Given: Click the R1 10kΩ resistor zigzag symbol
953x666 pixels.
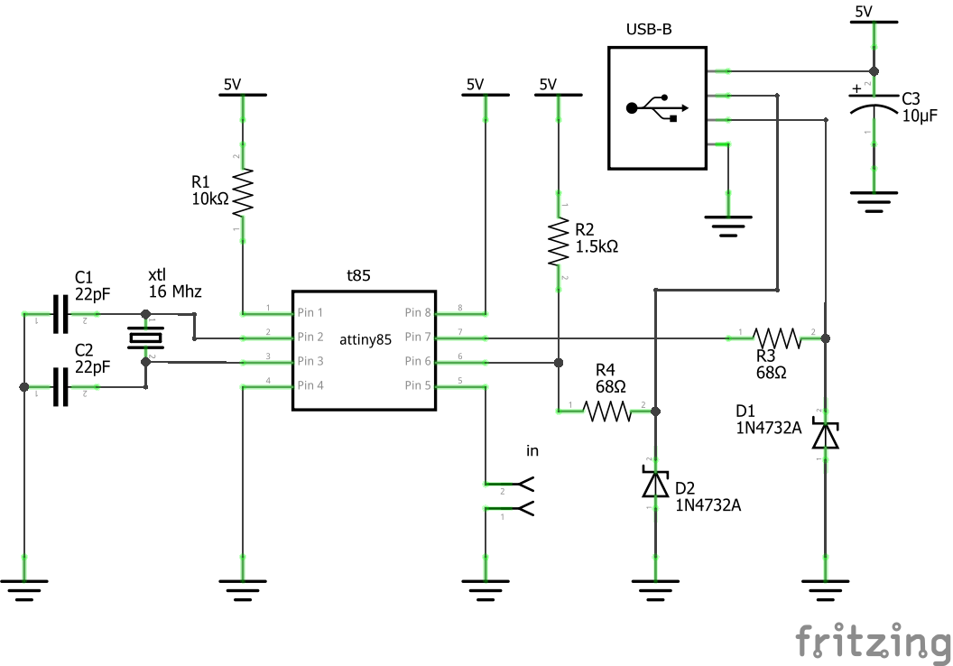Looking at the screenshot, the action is (x=243, y=192).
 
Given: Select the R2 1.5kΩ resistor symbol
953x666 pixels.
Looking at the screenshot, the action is (x=559, y=241).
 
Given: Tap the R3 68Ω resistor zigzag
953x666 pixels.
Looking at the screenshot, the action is (x=777, y=338).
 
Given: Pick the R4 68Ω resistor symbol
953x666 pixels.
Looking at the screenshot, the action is (x=606, y=412).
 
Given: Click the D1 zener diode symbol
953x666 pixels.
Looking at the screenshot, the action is (x=826, y=435).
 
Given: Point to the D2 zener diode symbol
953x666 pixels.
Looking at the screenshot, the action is (x=655, y=484).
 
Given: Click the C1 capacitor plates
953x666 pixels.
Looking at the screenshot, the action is (x=60, y=314).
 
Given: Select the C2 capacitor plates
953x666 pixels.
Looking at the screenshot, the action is (x=60, y=387).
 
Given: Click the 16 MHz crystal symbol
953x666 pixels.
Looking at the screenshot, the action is (x=145, y=338).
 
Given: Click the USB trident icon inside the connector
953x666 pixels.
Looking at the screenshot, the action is (x=657, y=108).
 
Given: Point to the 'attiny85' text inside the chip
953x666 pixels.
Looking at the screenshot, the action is (x=365, y=339).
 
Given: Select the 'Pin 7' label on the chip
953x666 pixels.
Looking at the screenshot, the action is (x=418, y=337).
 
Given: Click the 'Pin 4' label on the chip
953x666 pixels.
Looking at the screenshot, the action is (x=310, y=385).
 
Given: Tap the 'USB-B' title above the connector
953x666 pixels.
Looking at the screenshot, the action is (x=649, y=29).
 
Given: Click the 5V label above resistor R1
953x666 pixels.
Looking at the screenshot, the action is (x=232, y=85).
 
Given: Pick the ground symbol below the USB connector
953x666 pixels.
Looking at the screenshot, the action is (x=728, y=226).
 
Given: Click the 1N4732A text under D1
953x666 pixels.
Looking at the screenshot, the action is (x=769, y=428).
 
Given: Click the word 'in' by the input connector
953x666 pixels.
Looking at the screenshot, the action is (x=532, y=450).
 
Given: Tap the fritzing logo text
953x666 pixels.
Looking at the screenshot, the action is (x=874, y=642).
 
